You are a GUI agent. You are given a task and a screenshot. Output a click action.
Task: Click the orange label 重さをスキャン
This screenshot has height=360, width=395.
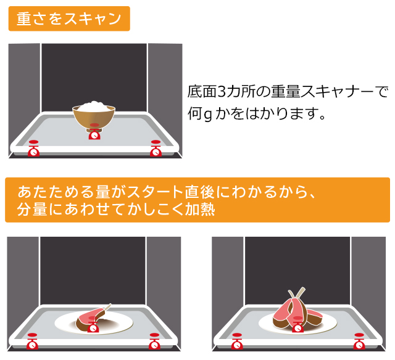pos(69,18)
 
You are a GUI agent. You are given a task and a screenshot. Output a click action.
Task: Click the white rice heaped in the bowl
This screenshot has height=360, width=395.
pos(94,107)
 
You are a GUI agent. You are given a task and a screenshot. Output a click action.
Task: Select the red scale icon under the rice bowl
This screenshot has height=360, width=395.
pos(94,131)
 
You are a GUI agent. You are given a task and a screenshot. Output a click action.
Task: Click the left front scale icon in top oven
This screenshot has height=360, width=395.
pos(33,149)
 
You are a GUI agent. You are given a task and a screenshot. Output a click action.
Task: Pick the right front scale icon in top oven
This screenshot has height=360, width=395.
pos(156,149)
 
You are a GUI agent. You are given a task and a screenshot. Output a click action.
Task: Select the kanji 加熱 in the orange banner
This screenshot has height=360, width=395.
pos(200,210)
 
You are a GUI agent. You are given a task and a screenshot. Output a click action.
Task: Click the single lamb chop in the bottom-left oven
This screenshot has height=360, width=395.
pos(91,318)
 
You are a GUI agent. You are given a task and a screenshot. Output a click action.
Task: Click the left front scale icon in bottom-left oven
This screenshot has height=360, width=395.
pos(32,342)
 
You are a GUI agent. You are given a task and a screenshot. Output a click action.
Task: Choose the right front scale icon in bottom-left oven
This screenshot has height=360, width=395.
pos(154,342)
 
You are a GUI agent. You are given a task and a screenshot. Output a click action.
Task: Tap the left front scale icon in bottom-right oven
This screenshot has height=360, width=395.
pos(237,342)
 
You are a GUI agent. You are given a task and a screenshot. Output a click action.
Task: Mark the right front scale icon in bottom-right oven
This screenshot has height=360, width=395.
pos(359,342)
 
